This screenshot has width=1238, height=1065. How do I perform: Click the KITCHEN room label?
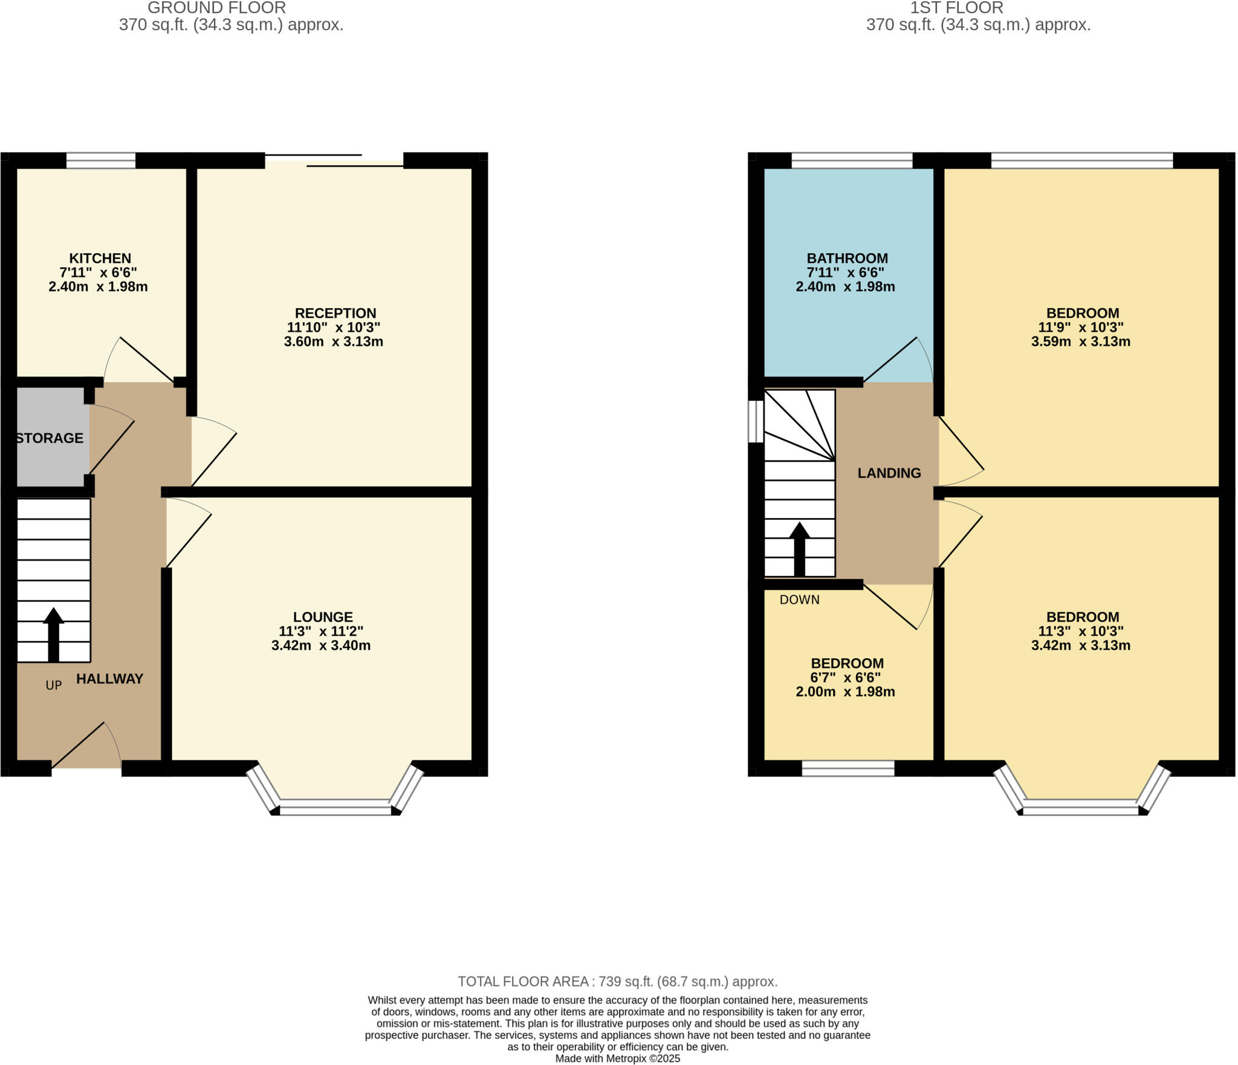(100, 258)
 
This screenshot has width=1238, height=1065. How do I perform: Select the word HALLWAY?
(109, 678)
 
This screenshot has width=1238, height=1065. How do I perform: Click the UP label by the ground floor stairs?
(54, 685)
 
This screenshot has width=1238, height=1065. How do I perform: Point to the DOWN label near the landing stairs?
(799, 599)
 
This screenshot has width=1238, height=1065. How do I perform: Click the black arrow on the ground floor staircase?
(53, 635)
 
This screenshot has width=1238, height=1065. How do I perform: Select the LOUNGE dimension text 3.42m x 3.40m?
(321, 645)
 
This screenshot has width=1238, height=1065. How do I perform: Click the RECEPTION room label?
(335, 313)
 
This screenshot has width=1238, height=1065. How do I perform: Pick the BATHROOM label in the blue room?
(847, 258)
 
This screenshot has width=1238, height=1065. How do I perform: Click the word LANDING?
(889, 473)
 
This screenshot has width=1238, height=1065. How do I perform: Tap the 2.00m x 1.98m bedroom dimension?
(845, 691)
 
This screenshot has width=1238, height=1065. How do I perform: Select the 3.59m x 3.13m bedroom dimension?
(1081, 341)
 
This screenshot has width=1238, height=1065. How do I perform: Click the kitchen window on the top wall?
(101, 160)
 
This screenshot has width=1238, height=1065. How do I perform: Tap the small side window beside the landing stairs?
(756, 421)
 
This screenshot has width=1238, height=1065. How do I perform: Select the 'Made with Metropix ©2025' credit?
(617, 1058)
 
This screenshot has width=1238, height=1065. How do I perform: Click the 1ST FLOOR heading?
(956, 8)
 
